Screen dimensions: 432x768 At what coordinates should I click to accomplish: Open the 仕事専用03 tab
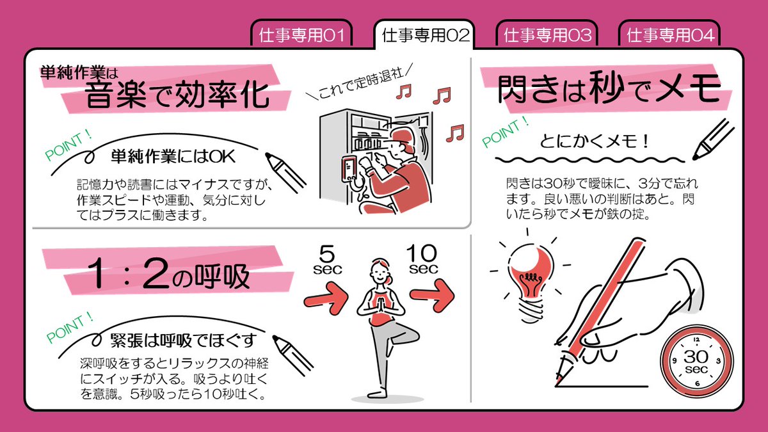(547, 35)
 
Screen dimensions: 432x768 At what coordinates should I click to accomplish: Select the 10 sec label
(422, 259)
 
